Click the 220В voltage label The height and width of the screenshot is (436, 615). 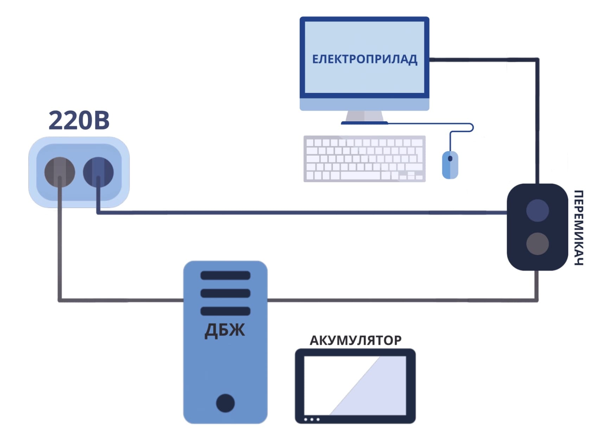79,121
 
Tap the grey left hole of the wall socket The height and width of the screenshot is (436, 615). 59,172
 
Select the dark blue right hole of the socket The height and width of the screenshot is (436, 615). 98,172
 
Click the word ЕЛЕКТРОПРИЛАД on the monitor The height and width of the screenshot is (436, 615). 364,59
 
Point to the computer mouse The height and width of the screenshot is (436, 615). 450,165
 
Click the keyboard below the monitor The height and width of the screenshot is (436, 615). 364,159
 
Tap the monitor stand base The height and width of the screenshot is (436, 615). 364,122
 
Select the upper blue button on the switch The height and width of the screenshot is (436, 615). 537,210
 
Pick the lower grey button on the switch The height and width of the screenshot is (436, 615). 537,243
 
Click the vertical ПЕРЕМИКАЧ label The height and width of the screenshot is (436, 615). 579,227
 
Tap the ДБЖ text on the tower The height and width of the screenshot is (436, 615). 225,330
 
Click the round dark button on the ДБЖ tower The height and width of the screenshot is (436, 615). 225,403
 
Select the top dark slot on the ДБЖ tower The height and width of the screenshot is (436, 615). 225,275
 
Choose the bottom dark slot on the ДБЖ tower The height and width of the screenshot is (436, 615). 225,311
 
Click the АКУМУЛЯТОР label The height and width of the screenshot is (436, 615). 355,340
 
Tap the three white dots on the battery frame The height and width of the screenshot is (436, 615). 312,419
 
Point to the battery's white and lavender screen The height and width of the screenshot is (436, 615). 355,385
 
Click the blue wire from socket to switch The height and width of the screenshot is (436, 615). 299,212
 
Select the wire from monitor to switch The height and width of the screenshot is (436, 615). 537,120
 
